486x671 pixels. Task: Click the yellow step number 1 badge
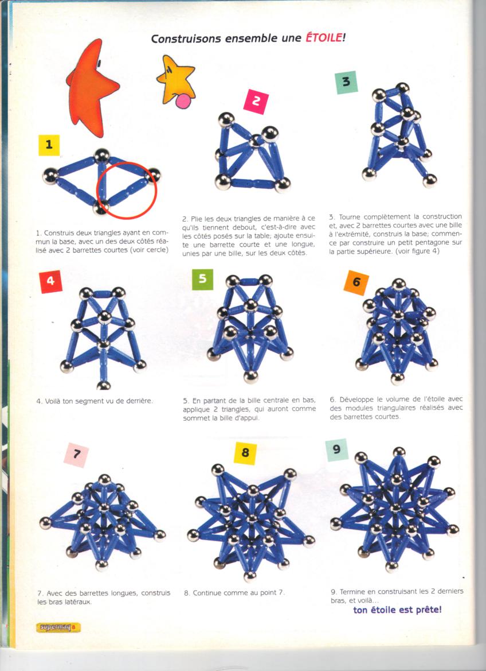(49, 145)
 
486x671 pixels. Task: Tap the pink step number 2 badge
(256, 102)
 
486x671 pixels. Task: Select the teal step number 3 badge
(347, 82)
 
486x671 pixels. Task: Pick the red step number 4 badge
(51, 282)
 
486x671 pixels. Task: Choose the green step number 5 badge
(203, 279)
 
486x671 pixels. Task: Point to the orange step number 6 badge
(356, 283)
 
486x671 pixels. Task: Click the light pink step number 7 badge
(77, 455)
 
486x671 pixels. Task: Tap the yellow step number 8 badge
(245, 453)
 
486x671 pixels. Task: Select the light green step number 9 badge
(336, 450)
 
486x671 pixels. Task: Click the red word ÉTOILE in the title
(323, 38)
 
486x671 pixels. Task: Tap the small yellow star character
(176, 80)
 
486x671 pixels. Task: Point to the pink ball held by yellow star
(183, 102)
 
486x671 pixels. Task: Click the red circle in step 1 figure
(127, 189)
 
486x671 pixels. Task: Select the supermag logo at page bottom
(58, 627)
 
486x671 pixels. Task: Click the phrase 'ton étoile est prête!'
(397, 610)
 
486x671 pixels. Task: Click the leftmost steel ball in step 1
(50, 176)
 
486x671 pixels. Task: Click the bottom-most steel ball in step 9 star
(391, 567)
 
